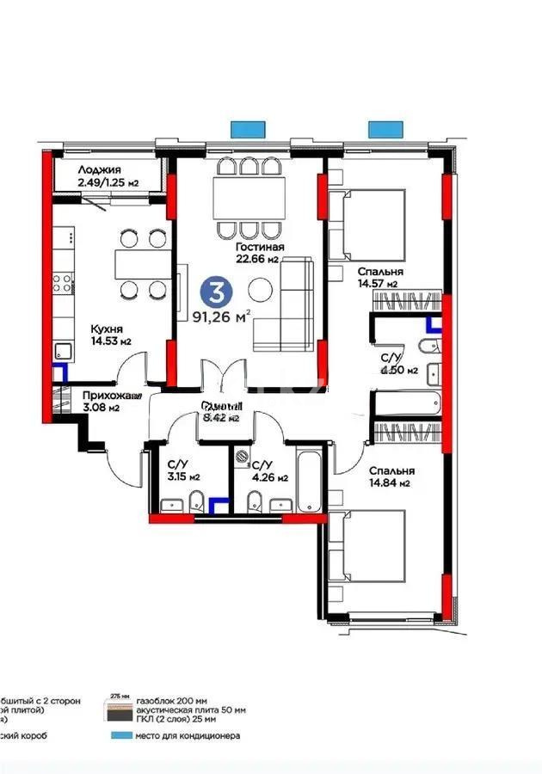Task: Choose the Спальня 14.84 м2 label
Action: point(391,476)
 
